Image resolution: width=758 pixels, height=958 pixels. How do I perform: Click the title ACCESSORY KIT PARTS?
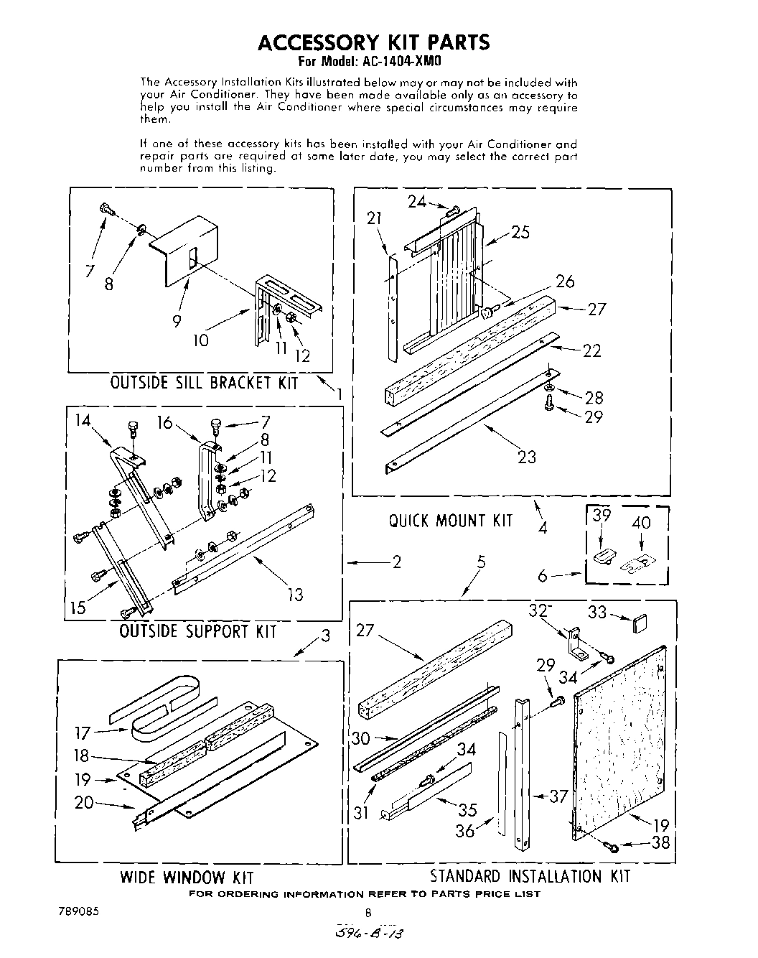click(x=373, y=43)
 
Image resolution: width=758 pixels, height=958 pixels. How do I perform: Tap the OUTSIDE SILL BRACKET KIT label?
click(x=204, y=383)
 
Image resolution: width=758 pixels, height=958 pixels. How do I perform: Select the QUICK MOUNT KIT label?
click(x=451, y=521)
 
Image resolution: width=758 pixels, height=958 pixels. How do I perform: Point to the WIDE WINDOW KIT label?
click(x=187, y=877)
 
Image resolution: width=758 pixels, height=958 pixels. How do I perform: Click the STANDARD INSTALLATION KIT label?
click(x=530, y=876)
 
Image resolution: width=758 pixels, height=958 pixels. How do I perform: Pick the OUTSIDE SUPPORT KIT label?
click(x=197, y=631)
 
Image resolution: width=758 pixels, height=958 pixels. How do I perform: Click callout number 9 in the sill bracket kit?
click(x=177, y=322)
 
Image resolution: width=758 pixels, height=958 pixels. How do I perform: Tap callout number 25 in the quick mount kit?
click(x=520, y=231)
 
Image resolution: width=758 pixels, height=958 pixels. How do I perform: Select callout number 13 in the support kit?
click(x=294, y=594)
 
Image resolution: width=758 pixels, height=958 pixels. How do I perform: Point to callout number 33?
click(x=597, y=613)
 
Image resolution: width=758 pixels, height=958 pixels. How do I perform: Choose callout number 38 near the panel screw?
click(x=660, y=842)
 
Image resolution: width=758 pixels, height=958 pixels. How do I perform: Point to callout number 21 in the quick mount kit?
click(x=374, y=218)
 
